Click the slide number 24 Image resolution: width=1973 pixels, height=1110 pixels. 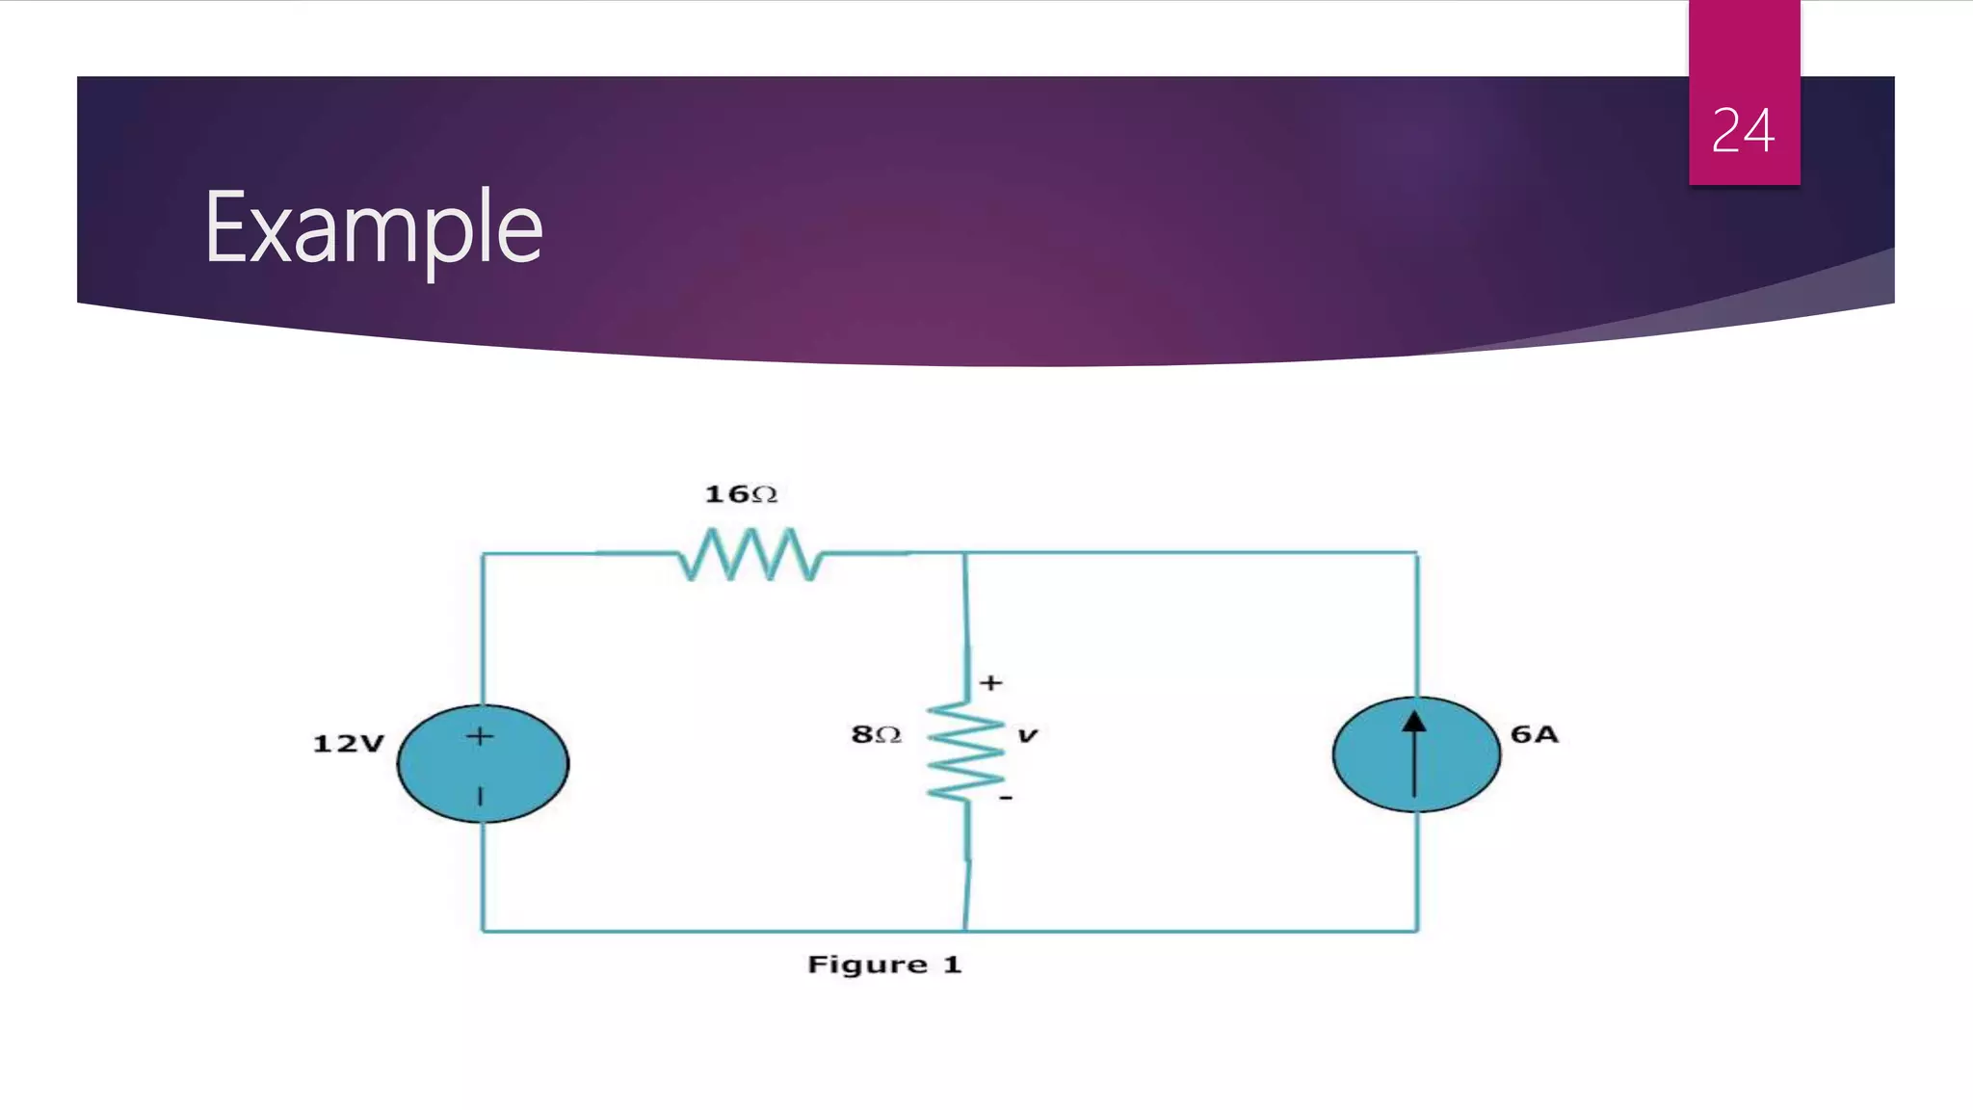click(x=1743, y=131)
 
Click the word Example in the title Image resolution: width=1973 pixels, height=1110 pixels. click(x=374, y=228)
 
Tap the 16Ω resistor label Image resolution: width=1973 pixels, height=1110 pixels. click(x=741, y=494)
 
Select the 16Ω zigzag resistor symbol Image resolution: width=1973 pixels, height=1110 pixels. click(x=750, y=554)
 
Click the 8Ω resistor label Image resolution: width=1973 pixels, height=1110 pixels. click(x=876, y=734)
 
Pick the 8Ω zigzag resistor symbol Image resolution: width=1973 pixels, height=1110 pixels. click(x=966, y=753)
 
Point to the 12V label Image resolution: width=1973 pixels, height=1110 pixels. click(x=349, y=744)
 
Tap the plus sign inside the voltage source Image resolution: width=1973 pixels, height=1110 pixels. click(x=480, y=737)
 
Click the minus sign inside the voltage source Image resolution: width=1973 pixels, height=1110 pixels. click(x=481, y=796)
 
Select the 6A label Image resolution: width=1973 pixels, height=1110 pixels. click(x=1534, y=734)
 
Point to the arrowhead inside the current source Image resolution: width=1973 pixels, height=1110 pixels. click(x=1414, y=723)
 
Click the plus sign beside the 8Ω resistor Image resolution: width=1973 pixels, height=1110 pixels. click(x=991, y=683)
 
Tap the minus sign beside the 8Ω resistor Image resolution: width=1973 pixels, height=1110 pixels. click(x=1006, y=798)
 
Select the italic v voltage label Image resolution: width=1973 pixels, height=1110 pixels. click(x=1028, y=736)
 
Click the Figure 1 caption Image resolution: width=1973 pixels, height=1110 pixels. click(x=884, y=965)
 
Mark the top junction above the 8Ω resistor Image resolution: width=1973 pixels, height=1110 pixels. click(x=965, y=553)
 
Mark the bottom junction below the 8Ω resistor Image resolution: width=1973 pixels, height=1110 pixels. click(x=965, y=931)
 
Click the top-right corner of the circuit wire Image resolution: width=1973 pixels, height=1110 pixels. click(x=1417, y=553)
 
